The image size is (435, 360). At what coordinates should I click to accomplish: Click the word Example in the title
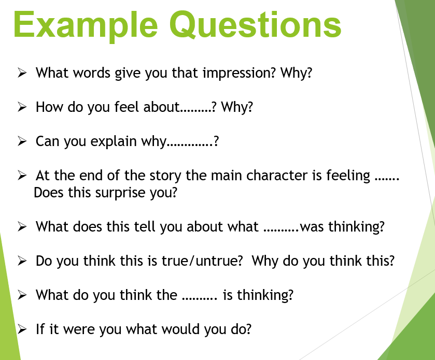(86, 25)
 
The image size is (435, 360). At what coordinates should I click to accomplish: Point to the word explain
(114, 141)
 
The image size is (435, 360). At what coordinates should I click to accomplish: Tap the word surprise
(120, 193)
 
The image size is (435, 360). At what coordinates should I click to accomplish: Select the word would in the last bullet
(180, 329)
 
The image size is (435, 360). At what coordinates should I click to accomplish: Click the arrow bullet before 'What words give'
(22, 73)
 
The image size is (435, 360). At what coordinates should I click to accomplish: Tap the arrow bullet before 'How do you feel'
(22, 107)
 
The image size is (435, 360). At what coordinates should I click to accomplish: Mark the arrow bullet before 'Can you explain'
(22, 141)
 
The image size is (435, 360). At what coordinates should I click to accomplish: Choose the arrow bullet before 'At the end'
(22, 176)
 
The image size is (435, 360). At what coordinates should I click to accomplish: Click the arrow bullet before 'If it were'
(22, 329)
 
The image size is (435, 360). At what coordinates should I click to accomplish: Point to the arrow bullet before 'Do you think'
(22, 261)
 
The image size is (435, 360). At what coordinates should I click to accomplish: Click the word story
(165, 176)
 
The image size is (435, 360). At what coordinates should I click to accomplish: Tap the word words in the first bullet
(92, 73)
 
